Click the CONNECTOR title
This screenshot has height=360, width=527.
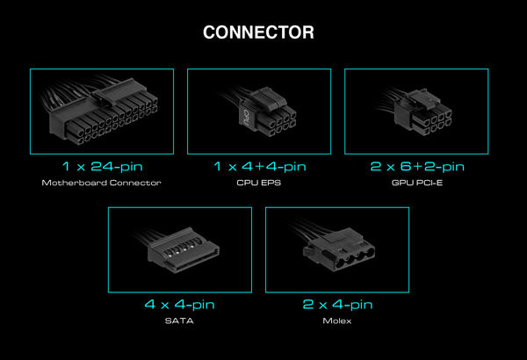pyautogui.click(x=258, y=32)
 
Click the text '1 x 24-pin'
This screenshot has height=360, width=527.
pyautogui.click(x=103, y=167)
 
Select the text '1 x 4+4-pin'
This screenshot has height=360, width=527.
pyautogui.click(x=260, y=167)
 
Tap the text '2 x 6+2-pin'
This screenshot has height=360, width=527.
pyautogui.click(x=417, y=167)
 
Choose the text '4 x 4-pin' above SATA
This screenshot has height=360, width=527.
pyautogui.click(x=179, y=305)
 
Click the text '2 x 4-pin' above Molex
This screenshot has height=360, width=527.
pyautogui.click(x=337, y=305)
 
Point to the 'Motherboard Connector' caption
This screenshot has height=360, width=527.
pyautogui.click(x=102, y=183)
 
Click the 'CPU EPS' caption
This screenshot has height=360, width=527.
pyautogui.click(x=259, y=183)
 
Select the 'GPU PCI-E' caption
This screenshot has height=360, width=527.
pyautogui.click(x=417, y=183)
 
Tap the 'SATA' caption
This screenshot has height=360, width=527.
pyautogui.click(x=179, y=321)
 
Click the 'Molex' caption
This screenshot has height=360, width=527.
pyautogui.click(x=337, y=321)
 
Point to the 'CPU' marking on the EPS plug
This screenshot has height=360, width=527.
pyautogui.click(x=245, y=118)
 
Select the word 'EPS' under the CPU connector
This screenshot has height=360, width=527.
pyautogui.click(x=271, y=183)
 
